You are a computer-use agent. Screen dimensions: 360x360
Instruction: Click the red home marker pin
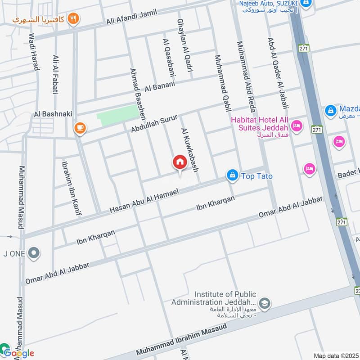pyautogui.click(x=180, y=162)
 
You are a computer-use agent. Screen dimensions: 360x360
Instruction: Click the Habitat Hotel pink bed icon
pyautogui.click(x=296, y=126)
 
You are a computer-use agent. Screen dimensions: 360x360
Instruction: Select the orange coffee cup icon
pyautogui.click(x=80, y=128)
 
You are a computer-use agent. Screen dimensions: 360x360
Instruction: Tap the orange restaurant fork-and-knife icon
pyautogui.click(x=74, y=18)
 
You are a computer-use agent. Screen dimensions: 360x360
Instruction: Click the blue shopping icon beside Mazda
pyautogui.click(x=330, y=109)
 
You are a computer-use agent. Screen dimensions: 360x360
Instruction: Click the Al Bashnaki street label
pyautogui.click(x=53, y=114)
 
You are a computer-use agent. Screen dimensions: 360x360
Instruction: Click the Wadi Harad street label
pyautogui.click(x=34, y=51)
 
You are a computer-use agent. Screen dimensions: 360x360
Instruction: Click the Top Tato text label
pyautogui.click(x=257, y=176)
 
